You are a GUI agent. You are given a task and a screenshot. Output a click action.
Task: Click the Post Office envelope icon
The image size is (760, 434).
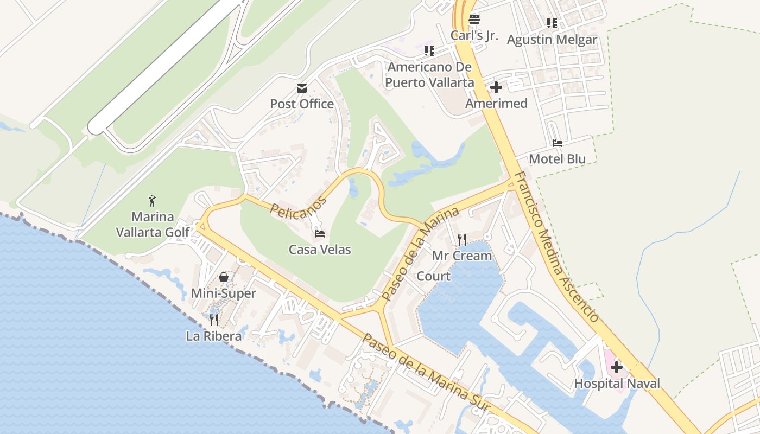click(301, 88)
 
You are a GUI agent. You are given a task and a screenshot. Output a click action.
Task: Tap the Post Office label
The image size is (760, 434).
click(302, 104)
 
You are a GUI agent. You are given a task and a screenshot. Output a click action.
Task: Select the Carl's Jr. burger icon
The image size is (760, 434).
click(474, 20)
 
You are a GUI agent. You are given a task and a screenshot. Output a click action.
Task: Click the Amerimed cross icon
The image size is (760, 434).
click(496, 87)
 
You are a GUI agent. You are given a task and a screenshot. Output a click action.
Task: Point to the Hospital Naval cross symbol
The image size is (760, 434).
click(617, 367)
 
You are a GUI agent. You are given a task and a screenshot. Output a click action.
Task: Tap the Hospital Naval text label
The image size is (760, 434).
click(617, 384)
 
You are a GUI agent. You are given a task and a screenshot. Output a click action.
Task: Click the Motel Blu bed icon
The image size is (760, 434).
click(558, 143)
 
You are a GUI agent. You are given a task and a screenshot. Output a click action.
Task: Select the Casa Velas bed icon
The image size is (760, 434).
click(320, 234)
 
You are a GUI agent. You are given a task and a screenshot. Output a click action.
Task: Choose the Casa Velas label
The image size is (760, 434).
click(320, 250)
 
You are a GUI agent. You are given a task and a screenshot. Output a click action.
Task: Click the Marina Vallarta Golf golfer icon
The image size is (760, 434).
click(153, 201)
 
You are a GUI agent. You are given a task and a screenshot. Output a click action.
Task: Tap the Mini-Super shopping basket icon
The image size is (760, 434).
click(223, 278)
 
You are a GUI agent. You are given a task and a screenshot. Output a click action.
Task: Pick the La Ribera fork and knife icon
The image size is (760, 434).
click(214, 320)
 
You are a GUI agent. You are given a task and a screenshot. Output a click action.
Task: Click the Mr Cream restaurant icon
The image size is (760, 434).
click(462, 239)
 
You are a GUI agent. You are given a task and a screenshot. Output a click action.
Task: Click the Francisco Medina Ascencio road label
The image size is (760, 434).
click(556, 247)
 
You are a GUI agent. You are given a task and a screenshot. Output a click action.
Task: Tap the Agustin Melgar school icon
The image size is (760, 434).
click(552, 23)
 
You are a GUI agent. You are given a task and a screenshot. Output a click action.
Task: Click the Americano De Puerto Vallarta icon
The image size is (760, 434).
click(429, 51)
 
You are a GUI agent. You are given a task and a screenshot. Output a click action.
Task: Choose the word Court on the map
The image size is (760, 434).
click(433, 276)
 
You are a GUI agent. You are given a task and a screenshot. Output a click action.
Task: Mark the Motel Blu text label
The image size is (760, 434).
click(558, 159)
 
